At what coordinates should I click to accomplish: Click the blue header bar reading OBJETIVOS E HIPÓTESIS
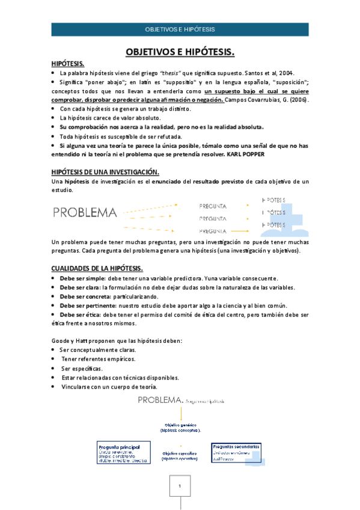point(180,29)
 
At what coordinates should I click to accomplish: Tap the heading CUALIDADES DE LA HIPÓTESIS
point(97,268)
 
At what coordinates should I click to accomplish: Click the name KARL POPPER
point(246,154)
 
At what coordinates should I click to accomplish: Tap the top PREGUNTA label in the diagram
point(213,205)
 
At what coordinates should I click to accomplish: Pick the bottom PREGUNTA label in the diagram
point(213,231)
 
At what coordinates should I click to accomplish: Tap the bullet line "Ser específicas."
point(81,368)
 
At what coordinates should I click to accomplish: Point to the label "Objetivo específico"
point(179,455)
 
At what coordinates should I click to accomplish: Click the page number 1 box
point(179,486)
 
